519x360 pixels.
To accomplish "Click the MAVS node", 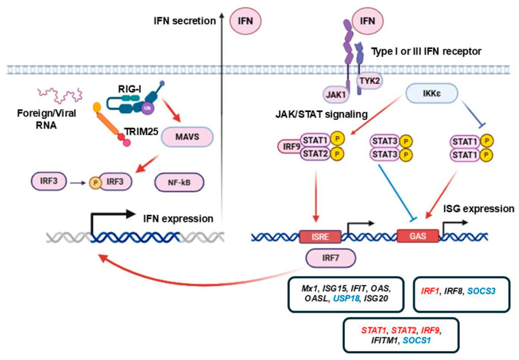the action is click(187, 137).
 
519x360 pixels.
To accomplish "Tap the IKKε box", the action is click(432, 94).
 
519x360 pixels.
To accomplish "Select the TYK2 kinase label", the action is click(369, 81).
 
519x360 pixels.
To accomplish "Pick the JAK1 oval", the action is click(336, 95).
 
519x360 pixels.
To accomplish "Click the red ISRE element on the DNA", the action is click(320, 237).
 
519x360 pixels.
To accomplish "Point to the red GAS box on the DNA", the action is click(418, 236).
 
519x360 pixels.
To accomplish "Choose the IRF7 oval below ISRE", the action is click(331, 258).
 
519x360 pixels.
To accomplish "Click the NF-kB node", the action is click(179, 182).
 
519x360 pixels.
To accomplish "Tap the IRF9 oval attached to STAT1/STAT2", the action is click(291, 146).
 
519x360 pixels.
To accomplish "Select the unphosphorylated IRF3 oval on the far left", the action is click(49, 181).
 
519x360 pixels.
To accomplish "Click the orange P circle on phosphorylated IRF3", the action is click(96, 182).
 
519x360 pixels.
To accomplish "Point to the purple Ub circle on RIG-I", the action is click(147, 108).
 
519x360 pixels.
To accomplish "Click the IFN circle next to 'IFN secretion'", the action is click(245, 21).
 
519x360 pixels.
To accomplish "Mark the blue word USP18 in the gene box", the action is click(346, 298).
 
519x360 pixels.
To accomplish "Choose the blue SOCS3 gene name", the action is click(481, 291).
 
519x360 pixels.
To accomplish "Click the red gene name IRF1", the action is click(430, 291).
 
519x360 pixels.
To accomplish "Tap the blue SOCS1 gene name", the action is click(417, 340).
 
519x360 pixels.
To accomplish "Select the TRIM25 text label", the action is click(142, 132).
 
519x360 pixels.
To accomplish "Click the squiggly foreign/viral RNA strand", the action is click(60, 95).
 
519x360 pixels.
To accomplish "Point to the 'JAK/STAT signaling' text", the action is click(321, 115).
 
